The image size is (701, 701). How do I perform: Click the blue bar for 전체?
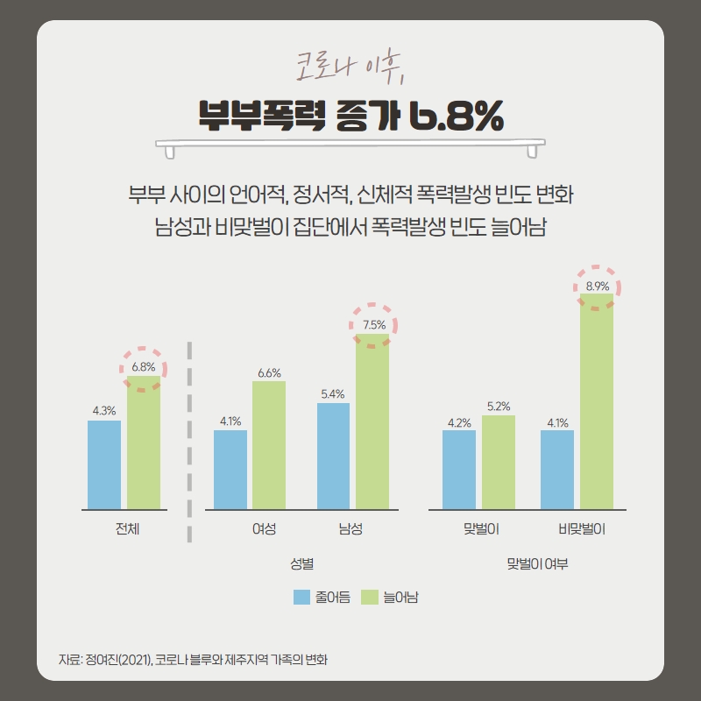tap(104, 464)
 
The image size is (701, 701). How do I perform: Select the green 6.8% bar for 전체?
tap(144, 443)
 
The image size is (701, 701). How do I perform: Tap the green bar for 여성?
tap(269, 445)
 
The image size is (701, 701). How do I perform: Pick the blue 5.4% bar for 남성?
tap(333, 456)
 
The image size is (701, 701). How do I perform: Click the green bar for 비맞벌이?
tap(597, 401)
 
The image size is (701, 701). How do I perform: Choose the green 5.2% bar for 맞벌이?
tap(499, 462)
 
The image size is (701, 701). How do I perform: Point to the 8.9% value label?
tap(598, 287)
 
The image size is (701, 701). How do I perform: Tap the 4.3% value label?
tap(104, 410)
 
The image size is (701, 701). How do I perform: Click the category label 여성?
tap(264, 529)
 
